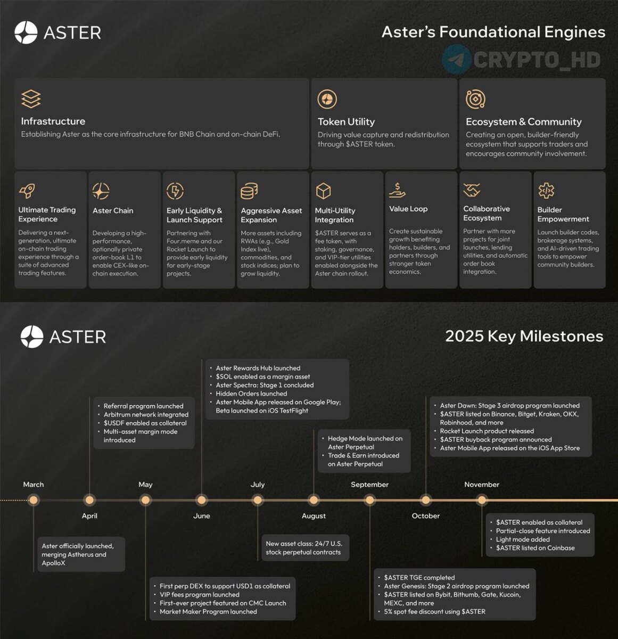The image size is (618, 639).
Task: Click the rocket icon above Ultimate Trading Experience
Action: [27, 190]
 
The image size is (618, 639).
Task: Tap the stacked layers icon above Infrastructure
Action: [31, 99]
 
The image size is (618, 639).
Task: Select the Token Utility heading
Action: [346, 121]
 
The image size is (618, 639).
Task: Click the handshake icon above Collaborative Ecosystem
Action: [472, 190]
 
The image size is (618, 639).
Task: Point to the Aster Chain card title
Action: [113, 210]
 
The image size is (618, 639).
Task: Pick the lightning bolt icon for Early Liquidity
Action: [175, 190]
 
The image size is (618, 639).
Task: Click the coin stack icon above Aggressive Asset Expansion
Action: [249, 190]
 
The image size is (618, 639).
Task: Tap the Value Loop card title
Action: [408, 209]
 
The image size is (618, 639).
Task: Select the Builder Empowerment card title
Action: [563, 214]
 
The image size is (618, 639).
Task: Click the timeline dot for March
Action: [34, 500]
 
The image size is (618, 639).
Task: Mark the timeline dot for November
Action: [482, 500]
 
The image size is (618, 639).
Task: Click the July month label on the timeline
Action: [258, 485]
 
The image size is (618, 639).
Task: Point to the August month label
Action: [314, 515]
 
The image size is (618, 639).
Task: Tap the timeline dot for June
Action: [201, 500]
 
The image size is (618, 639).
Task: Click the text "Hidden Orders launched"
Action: [251, 394]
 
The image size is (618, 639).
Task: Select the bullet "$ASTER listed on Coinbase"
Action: [535, 548]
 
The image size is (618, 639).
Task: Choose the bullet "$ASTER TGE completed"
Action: [419, 577]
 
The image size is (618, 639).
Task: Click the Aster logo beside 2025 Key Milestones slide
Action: [32, 337]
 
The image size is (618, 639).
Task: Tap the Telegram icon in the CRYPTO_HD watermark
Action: [456, 59]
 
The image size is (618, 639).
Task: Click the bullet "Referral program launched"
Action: [143, 406]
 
